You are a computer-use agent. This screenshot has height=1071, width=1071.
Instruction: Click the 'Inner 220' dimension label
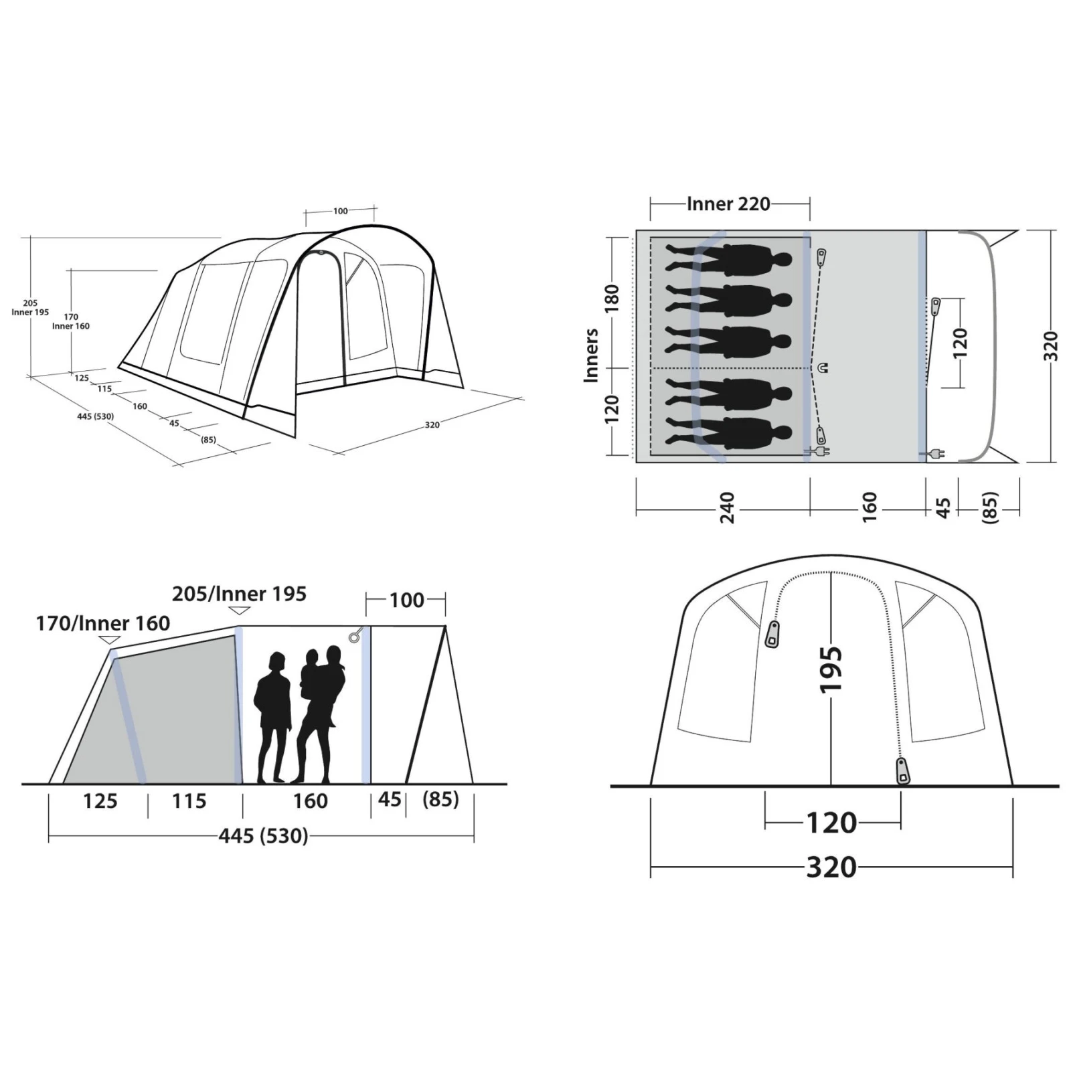tap(728, 203)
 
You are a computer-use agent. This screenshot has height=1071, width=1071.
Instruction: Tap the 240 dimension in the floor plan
tap(727, 507)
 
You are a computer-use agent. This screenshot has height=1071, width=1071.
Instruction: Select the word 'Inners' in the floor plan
tap(590, 355)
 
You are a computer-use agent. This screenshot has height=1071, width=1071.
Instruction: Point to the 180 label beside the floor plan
tap(612, 298)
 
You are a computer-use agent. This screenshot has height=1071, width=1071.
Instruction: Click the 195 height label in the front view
tap(830, 669)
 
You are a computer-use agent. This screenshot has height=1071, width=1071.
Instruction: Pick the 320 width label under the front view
tap(831, 868)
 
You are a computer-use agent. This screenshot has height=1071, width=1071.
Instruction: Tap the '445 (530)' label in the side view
tap(263, 836)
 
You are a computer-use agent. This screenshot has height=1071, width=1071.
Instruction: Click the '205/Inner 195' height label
tap(239, 594)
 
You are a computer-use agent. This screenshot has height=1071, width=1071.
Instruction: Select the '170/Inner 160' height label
tap(103, 623)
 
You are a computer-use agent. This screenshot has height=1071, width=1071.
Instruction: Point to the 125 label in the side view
tap(100, 801)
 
